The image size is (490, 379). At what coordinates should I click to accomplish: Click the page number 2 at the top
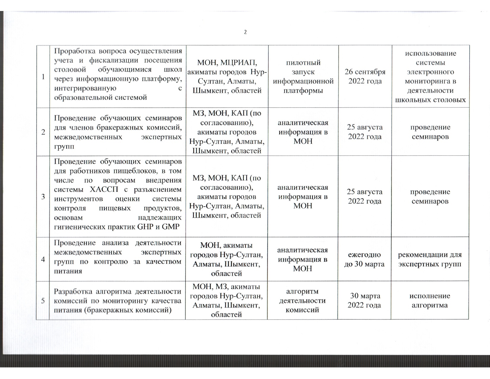click(x=245, y=32)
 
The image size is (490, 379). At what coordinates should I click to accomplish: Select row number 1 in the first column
click(x=43, y=77)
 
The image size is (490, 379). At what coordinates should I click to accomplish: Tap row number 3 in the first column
click(x=43, y=196)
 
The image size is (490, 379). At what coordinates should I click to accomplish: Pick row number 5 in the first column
click(x=43, y=301)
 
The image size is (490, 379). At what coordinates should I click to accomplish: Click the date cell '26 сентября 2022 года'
click(x=365, y=76)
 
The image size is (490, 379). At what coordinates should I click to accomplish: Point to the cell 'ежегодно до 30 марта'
click(x=364, y=259)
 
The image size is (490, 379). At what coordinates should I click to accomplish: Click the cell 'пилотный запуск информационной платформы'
click(x=303, y=76)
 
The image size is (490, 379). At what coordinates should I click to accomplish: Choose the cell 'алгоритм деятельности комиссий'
click(x=302, y=301)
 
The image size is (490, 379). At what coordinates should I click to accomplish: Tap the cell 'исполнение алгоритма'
click(x=430, y=301)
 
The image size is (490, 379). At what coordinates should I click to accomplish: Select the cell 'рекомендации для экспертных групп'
click(x=430, y=259)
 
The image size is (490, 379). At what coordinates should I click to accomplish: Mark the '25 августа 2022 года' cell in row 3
click(x=365, y=196)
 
